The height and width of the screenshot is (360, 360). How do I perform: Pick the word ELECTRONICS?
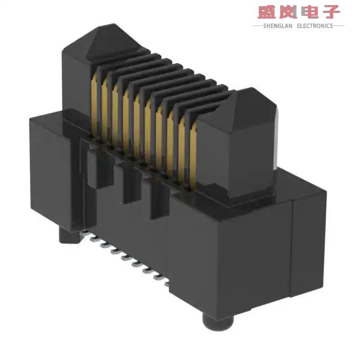coord(315,25)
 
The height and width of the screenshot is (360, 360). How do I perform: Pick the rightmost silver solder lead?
coord(167,283)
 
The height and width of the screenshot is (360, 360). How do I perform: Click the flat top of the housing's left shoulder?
coord(53,115)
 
